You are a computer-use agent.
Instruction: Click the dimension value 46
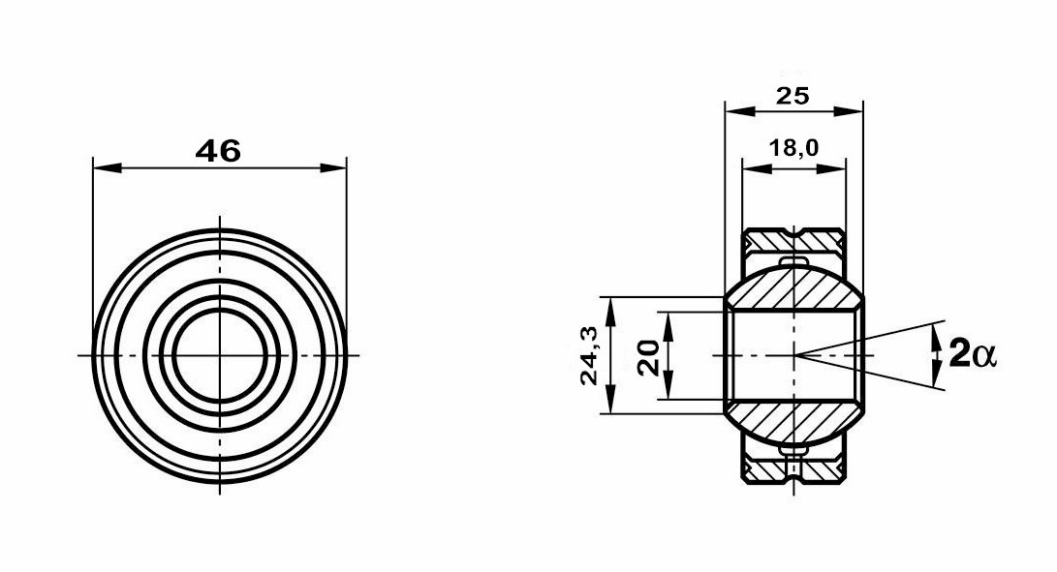pos(218,150)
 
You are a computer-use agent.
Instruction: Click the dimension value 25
pos(793,96)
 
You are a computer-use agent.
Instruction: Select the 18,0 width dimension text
pos(794,147)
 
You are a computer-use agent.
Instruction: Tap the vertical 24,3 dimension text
pos(589,355)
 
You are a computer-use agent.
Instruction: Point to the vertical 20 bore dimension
pos(648,358)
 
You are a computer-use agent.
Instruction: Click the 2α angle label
pos(972,353)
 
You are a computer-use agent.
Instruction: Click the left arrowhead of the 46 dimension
pos(108,167)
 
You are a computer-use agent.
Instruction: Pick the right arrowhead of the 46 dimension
pos(332,167)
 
